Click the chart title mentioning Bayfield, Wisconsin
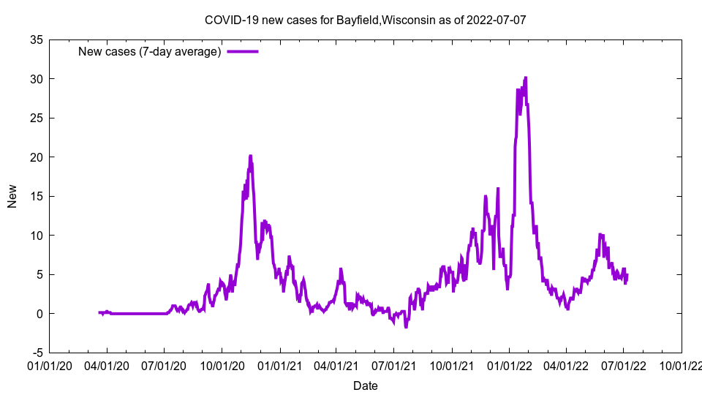(x=365, y=20)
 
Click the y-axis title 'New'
(x=12, y=196)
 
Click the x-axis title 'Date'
(x=365, y=385)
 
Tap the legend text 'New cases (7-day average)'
(x=149, y=51)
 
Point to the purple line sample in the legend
(x=243, y=51)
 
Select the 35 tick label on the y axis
(x=36, y=39)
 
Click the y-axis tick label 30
(x=36, y=79)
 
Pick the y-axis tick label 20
(x=36, y=157)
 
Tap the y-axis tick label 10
(x=36, y=236)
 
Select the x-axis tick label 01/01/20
(x=50, y=364)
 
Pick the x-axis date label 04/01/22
(x=566, y=364)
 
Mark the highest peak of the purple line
(x=525, y=78)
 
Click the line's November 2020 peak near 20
(x=250, y=156)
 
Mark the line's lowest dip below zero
(x=406, y=326)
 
